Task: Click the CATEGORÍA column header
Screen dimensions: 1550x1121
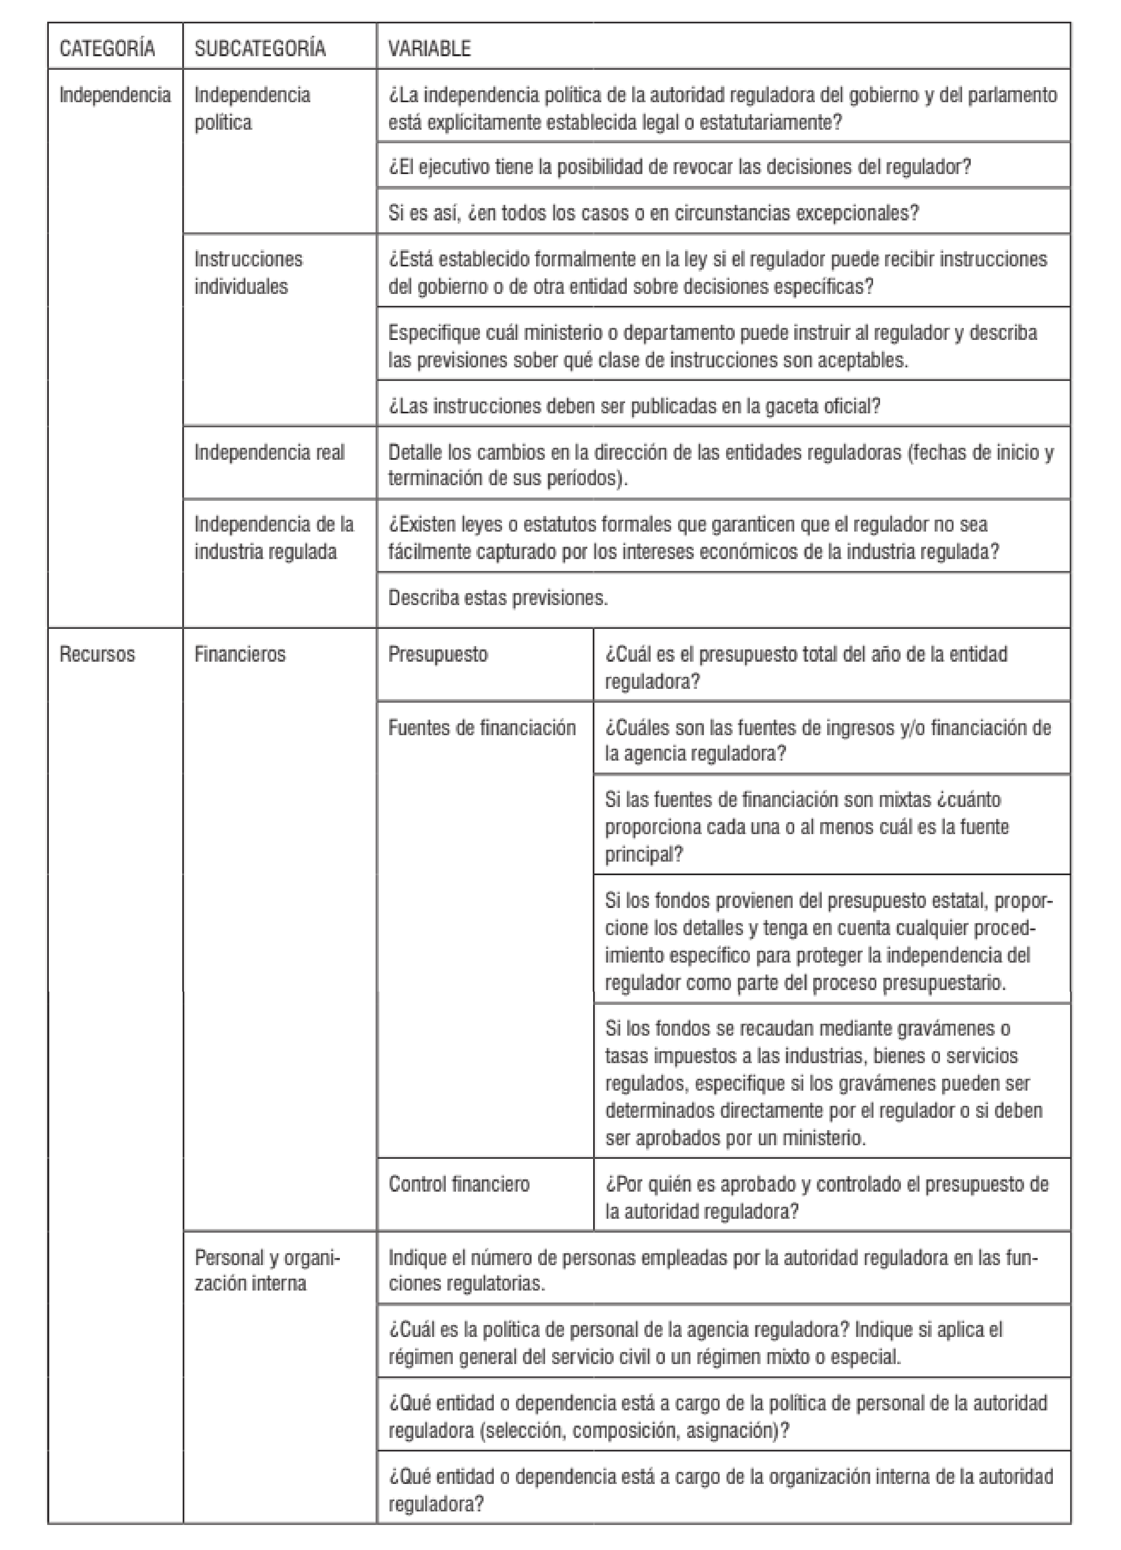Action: coord(107,48)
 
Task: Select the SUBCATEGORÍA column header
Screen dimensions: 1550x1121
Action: coord(260,48)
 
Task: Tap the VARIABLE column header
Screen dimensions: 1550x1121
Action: coord(429,48)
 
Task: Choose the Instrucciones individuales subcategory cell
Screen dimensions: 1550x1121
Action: coord(248,273)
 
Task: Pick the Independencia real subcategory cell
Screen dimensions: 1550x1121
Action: coord(269,452)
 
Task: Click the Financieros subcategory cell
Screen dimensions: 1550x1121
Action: coord(240,654)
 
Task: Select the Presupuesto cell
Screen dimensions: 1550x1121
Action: coord(438,654)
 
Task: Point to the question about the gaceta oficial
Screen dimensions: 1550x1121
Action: coord(634,406)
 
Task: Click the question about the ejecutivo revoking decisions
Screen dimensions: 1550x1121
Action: coord(679,167)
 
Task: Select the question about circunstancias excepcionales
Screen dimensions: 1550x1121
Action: coord(653,213)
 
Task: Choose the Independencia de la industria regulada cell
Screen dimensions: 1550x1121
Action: coord(273,538)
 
